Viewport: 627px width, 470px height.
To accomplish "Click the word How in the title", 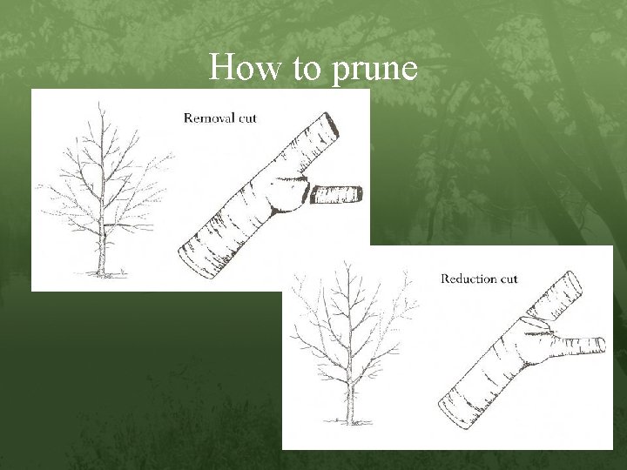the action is coord(245,66).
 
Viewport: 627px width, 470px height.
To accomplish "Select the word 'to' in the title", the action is coord(307,68).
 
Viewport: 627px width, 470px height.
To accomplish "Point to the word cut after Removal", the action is coord(247,118).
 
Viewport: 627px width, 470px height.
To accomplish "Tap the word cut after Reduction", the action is coord(508,279).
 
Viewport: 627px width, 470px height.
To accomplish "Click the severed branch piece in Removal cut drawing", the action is coord(336,195).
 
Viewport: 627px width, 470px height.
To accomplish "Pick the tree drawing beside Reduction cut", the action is coord(351,344).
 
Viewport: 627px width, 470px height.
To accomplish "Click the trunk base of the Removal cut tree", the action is coord(102,272).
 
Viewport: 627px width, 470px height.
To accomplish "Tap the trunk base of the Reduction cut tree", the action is coord(350,420).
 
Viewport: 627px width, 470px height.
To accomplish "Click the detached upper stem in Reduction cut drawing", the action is coord(556,297).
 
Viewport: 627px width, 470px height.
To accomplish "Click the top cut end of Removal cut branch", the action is coord(331,125).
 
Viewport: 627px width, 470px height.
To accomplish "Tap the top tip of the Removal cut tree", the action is coord(99,103).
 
